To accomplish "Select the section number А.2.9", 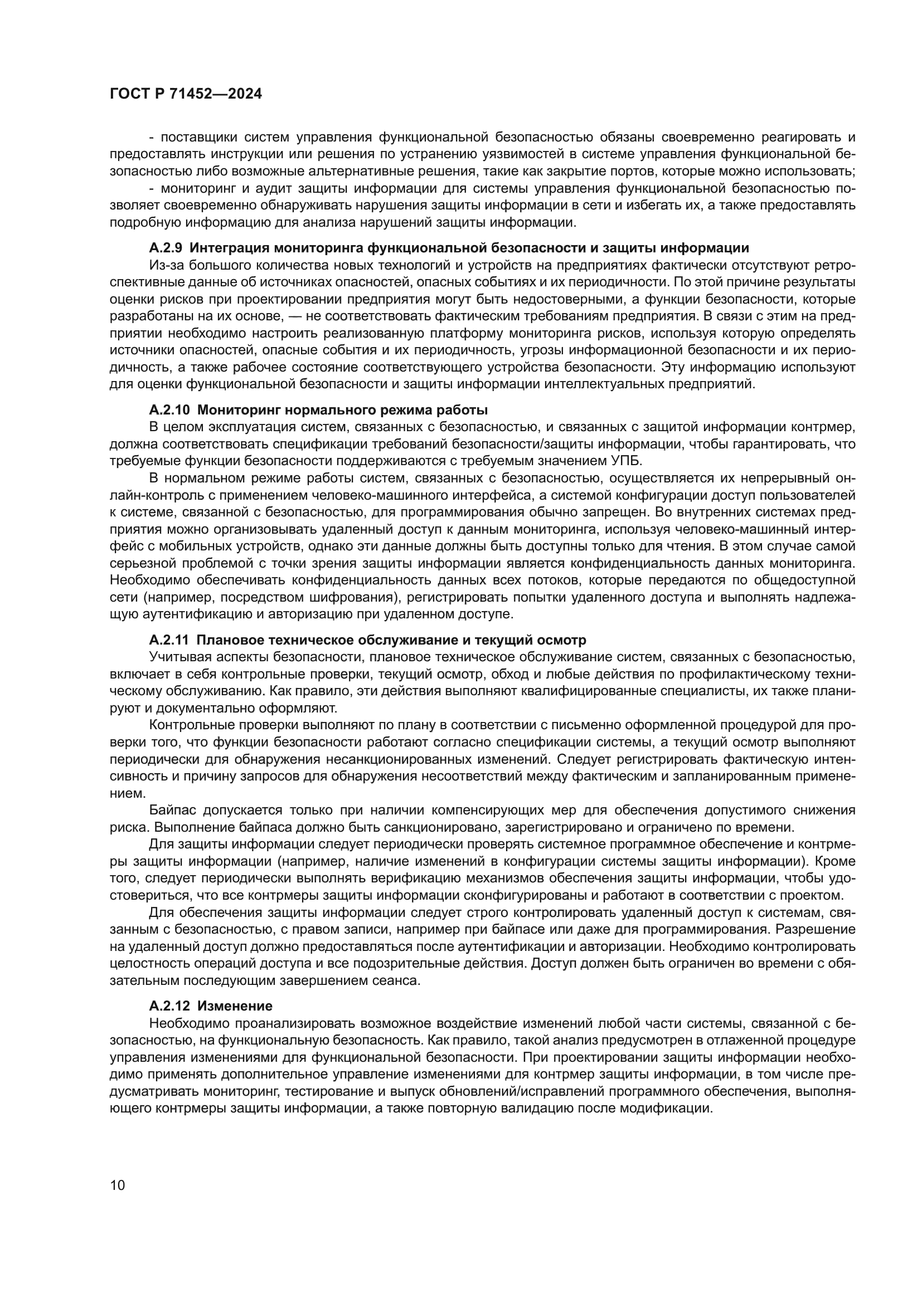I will tap(165, 247).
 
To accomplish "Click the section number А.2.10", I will tap(169, 409).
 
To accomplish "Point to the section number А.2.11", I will tap(168, 640).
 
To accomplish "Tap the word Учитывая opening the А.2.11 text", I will tap(178, 657).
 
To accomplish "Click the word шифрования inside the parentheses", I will tap(358, 597).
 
